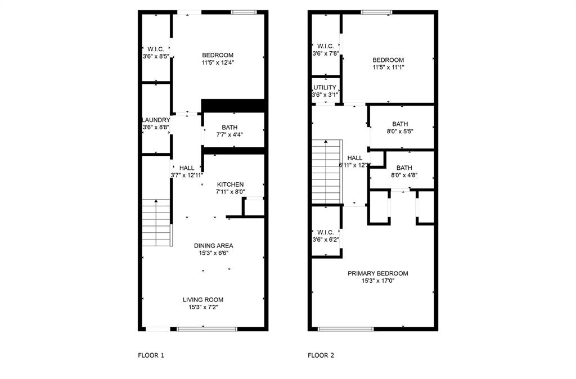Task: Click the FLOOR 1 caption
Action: [x=151, y=355]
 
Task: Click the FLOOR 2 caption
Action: [x=321, y=355]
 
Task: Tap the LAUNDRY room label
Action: [x=156, y=120]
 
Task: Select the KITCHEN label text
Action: [x=231, y=184]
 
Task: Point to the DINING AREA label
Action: [x=213, y=246]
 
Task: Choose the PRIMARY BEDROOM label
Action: [x=377, y=273]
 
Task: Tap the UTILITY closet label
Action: [x=325, y=88]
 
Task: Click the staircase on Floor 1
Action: [x=156, y=222]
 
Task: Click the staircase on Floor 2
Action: [x=327, y=172]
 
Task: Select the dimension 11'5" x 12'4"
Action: [x=218, y=63]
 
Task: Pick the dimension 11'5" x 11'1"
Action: [x=388, y=67]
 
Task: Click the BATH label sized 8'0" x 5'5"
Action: [x=400, y=124]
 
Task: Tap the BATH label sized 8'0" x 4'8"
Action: [x=404, y=168]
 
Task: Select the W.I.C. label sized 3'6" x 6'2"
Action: [x=325, y=232]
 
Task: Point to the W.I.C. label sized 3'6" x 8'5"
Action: [x=155, y=49]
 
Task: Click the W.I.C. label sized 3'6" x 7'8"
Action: [x=326, y=46]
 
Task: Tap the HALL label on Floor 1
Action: [x=187, y=168]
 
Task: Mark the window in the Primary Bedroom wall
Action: [x=345, y=328]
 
